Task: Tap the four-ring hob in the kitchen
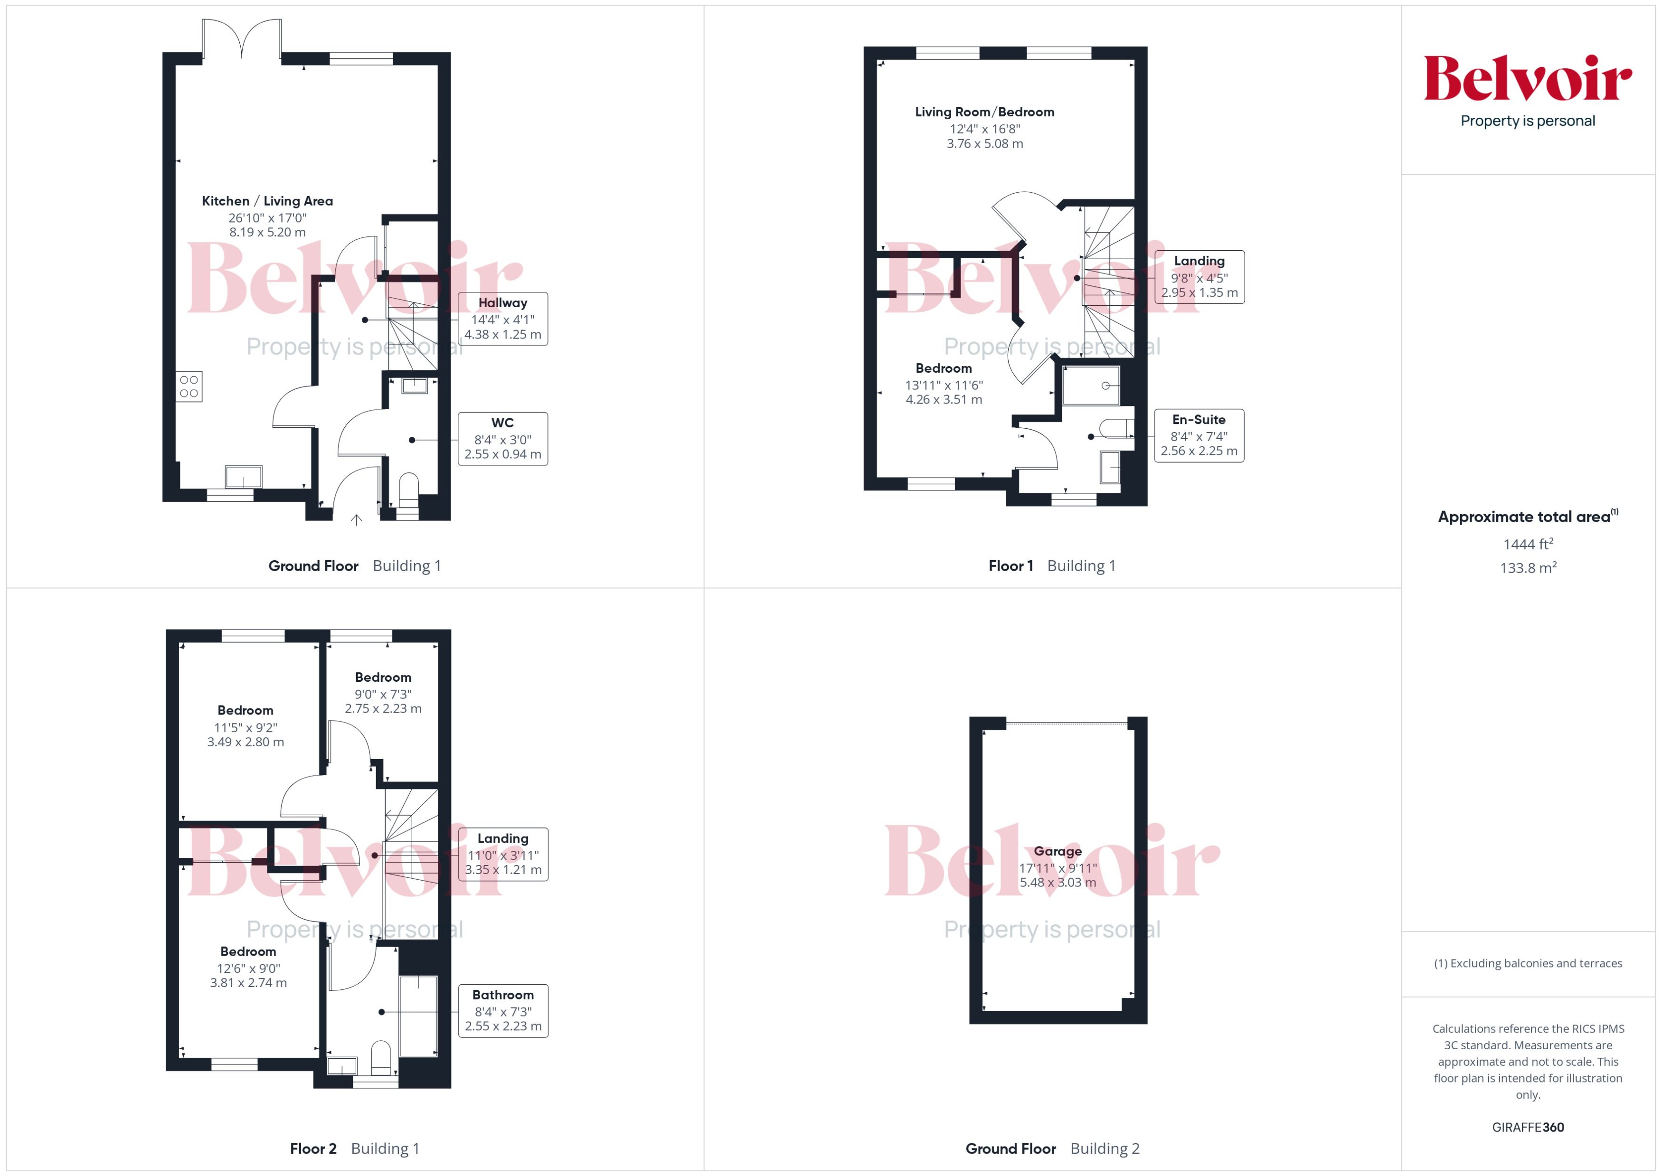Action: (x=189, y=386)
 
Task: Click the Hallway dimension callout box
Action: (x=502, y=319)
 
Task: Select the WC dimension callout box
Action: (x=502, y=439)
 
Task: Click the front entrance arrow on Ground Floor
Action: (x=356, y=519)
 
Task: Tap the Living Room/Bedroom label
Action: (x=984, y=112)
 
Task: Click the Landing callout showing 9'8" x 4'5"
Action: (x=1199, y=277)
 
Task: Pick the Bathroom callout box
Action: (x=502, y=1010)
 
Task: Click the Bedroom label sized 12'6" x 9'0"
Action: (x=248, y=951)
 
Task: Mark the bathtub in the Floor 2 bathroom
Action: (x=418, y=1016)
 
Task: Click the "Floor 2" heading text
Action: (x=313, y=1148)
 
